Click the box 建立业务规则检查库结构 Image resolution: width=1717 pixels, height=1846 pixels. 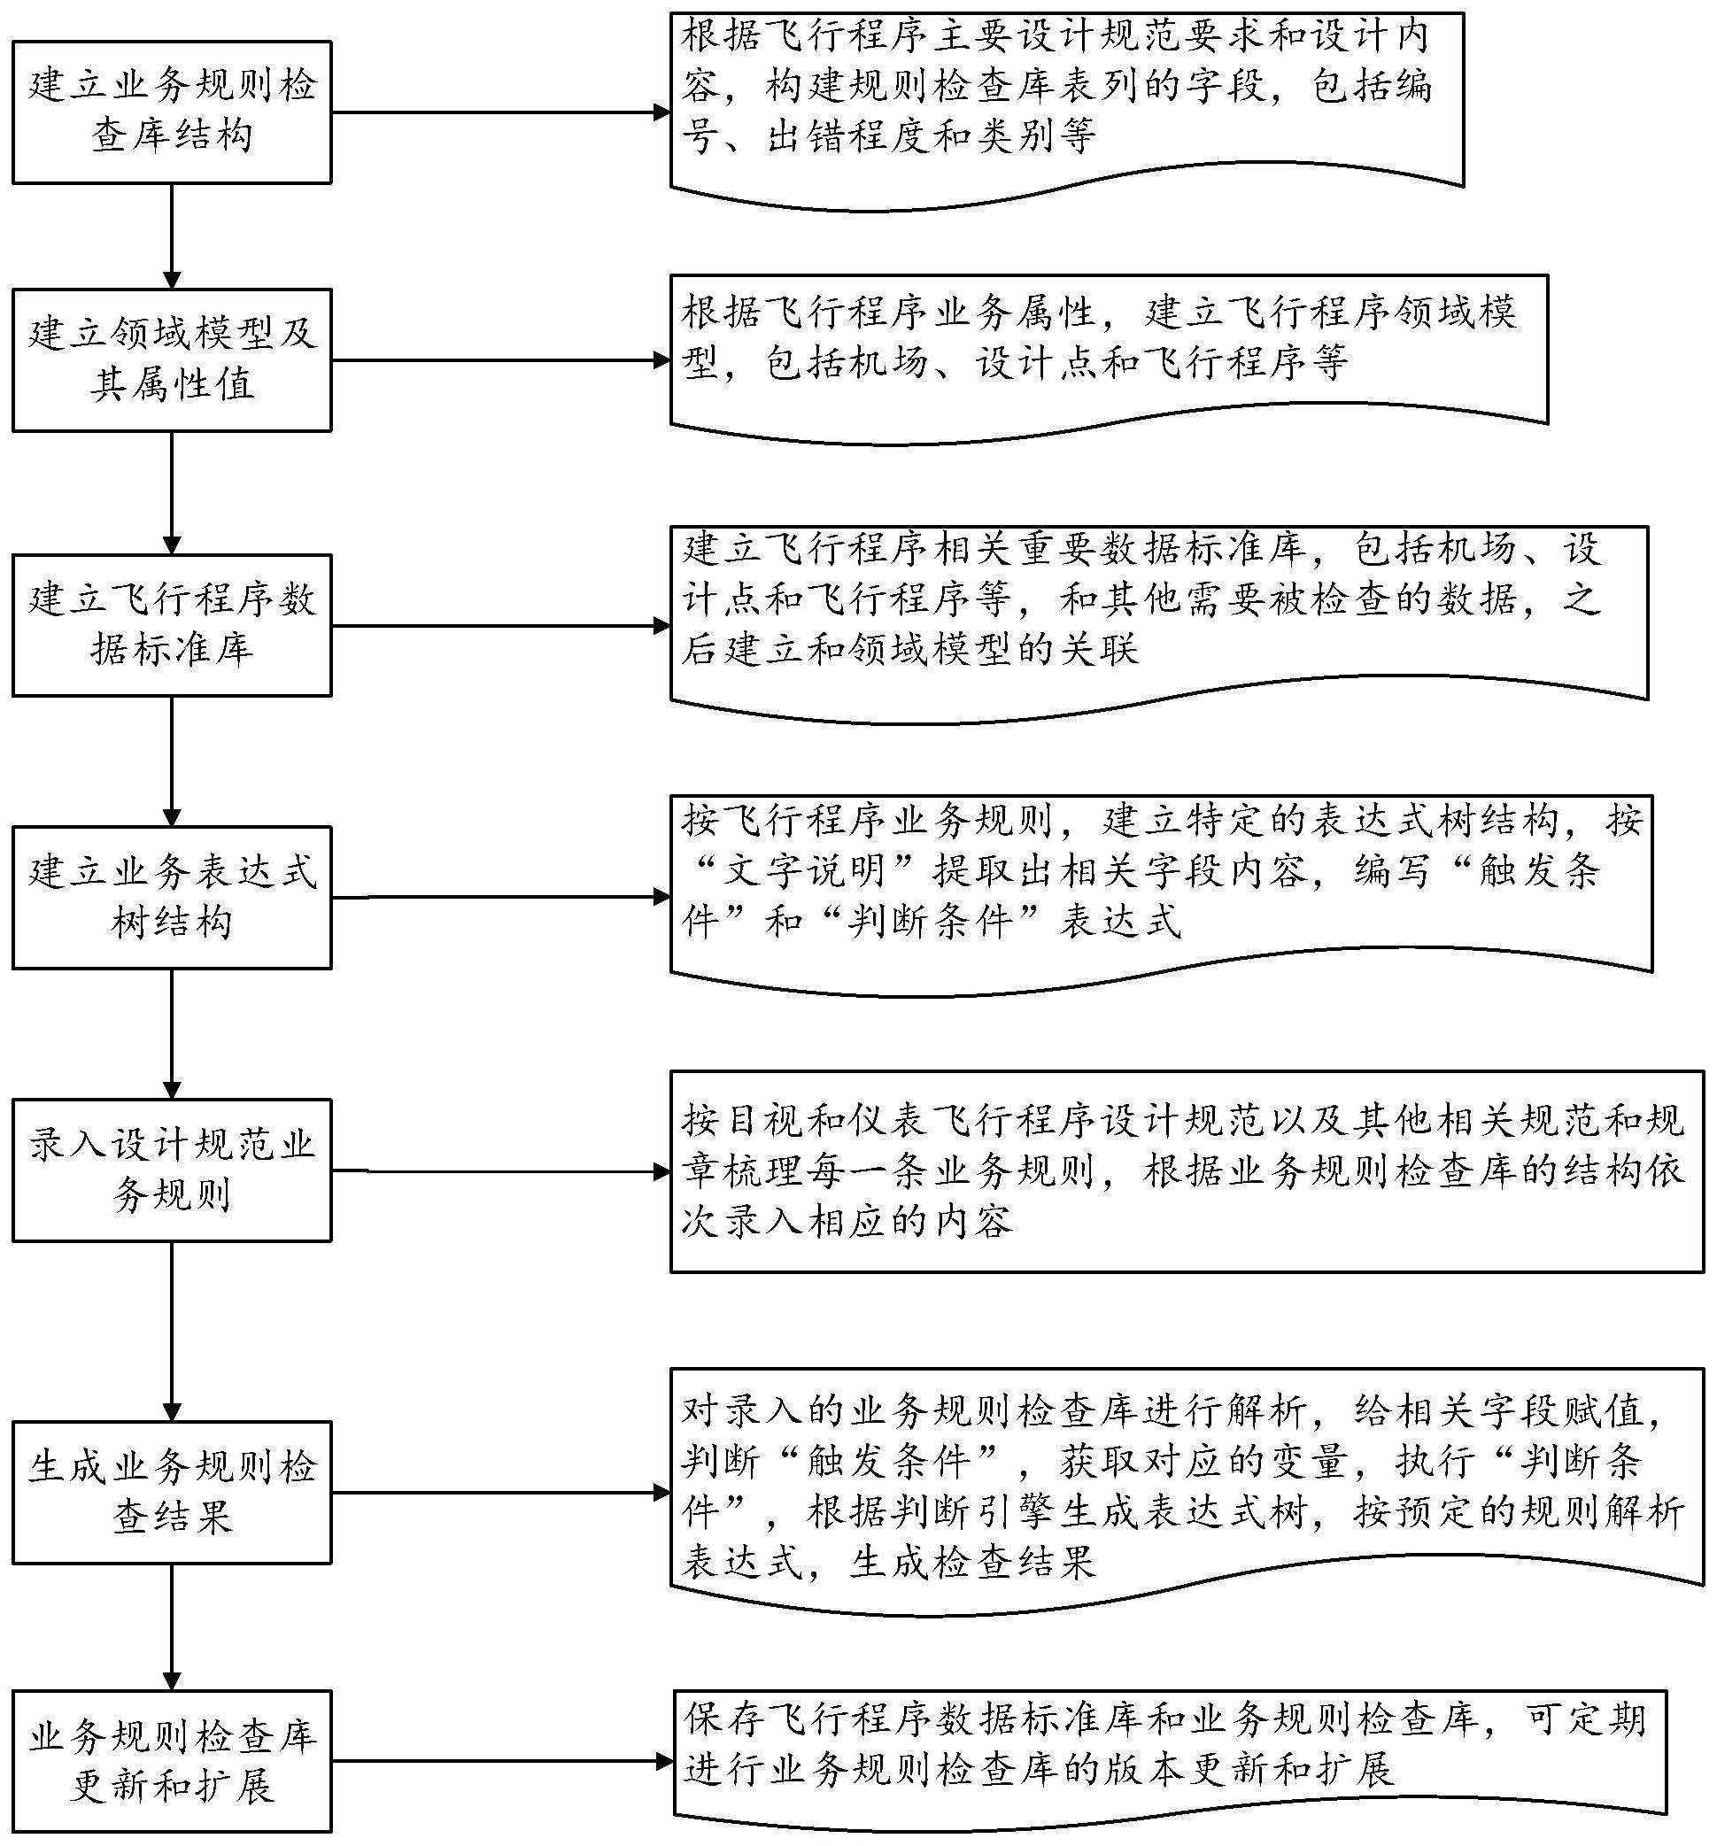coord(172,112)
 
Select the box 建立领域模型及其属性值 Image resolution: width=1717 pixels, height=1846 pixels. coord(172,360)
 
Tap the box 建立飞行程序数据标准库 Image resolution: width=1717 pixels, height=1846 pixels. coord(172,626)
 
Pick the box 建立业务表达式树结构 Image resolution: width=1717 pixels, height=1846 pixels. coord(172,898)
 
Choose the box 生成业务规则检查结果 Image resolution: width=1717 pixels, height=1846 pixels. coord(172,1493)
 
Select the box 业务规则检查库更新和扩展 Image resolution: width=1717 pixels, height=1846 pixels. coord(172,1762)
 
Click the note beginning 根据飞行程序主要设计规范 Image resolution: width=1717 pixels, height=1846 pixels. coord(1067,111)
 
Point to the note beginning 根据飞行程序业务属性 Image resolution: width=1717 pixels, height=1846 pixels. coord(1109,359)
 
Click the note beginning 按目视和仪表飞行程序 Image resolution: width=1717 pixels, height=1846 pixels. coord(1187,1172)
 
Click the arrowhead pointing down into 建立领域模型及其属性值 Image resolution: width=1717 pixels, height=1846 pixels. coord(172,280)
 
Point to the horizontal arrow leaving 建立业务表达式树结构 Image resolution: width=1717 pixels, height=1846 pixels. coord(501,897)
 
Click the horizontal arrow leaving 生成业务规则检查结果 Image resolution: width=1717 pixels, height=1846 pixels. coord(501,1493)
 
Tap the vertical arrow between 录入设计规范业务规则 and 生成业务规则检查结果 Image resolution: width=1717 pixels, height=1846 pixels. coord(172,1332)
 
